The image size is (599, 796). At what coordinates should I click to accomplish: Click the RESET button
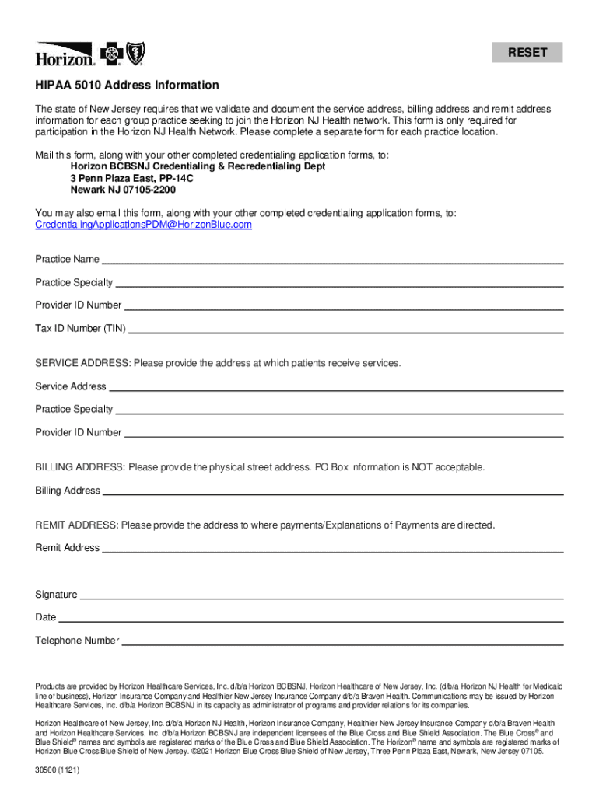tap(527, 53)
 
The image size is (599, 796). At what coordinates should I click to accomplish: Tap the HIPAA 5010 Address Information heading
tap(127, 85)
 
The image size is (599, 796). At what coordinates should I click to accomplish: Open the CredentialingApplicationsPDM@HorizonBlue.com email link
tap(144, 225)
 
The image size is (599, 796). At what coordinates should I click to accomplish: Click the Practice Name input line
tap(332, 260)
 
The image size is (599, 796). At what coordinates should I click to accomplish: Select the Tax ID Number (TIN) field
tap(345, 329)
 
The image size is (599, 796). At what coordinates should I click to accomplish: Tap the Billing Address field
tap(333, 491)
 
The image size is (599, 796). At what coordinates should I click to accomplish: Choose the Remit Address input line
tap(333, 548)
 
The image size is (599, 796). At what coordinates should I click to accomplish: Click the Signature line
tap(321, 595)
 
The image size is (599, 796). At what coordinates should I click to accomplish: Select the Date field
tap(311, 618)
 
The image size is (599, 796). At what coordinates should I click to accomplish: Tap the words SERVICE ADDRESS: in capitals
tap(84, 363)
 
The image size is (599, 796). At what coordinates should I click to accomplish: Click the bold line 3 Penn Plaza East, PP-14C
tap(132, 178)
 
